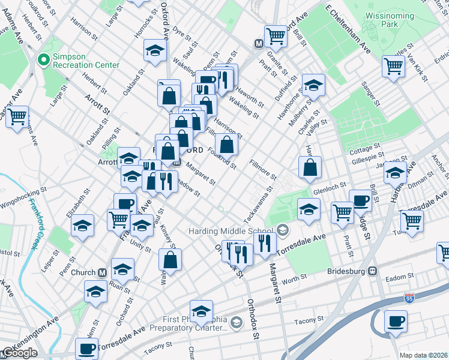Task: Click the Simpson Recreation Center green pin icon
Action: pyautogui.click(x=43, y=59)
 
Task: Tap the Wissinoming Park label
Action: pyautogui.click(x=390, y=20)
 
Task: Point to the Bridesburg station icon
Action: pyautogui.click(x=373, y=271)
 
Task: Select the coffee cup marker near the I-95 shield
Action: pyautogui.click(x=396, y=322)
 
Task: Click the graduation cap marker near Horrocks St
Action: pyautogui.click(x=155, y=51)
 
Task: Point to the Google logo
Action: pyautogui.click(x=19, y=353)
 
